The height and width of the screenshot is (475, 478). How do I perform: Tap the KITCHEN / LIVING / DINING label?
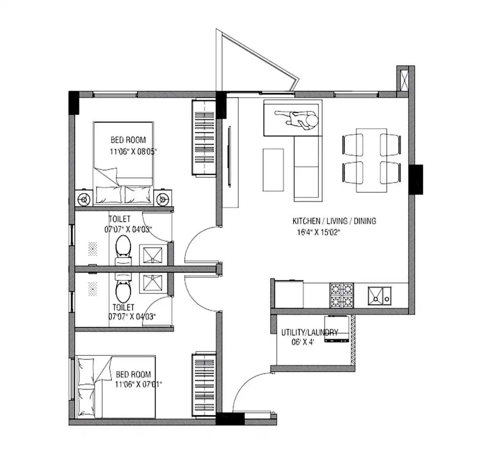[334, 221]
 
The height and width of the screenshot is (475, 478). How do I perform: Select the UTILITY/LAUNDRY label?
[310, 333]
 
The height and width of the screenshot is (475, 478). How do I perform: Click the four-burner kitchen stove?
[342, 295]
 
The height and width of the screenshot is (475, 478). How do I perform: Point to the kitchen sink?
[380, 295]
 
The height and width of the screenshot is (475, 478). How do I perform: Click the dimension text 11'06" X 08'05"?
[134, 151]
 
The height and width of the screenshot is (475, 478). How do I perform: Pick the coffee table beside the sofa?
[273, 170]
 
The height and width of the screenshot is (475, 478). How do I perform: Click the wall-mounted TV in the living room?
[230, 157]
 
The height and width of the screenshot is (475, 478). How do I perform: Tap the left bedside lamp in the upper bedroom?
[84, 199]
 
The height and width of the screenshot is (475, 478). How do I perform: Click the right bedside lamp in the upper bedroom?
[163, 198]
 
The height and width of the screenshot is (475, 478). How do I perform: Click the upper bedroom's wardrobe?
[204, 138]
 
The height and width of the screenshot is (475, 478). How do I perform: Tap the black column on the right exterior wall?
[416, 180]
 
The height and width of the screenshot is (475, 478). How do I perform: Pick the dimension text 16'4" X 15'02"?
[319, 232]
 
